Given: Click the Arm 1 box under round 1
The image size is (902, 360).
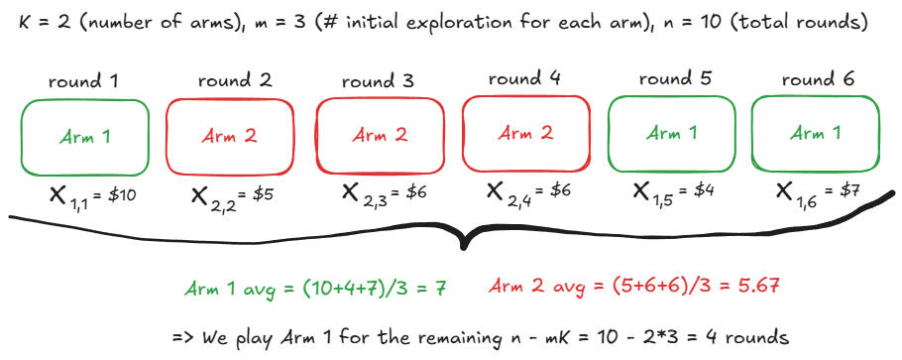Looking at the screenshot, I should pos(85,136).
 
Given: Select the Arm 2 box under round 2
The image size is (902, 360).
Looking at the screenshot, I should pos(230,136).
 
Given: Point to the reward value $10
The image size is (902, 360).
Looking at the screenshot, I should pos(119,195).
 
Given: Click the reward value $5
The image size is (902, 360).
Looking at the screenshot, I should pos(261,195).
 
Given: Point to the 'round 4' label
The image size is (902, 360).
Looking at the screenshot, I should pos(524,77).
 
